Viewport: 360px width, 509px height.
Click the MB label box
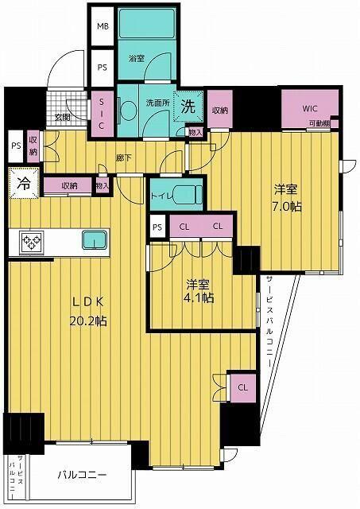(x=102, y=26)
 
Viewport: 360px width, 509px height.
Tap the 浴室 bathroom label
(x=136, y=58)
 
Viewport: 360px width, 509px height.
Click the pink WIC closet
(x=309, y=108)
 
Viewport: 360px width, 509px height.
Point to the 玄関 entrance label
(x=63, y=118)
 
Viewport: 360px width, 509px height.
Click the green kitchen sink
(x=95, y=239)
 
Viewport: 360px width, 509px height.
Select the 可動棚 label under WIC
(x=319, y=125)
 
